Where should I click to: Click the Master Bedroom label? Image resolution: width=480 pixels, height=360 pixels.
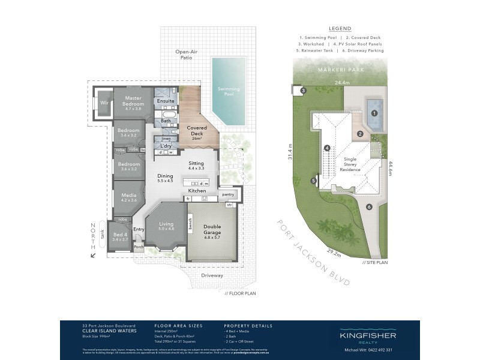pyautogui.click(x=133, y=103)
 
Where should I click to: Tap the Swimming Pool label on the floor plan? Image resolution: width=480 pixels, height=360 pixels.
pyautogui.click(x=228, y=91)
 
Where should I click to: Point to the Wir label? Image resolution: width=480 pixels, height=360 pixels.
pyautogui.click(x=104, y=103)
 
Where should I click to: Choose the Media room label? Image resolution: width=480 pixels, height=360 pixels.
pyautogui.click(x=128, y=197)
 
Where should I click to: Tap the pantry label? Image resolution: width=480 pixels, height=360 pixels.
pyautogui.click(x=227, y=194)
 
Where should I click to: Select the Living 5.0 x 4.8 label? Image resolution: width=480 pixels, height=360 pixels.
pyautogui.click(x=166, y=226)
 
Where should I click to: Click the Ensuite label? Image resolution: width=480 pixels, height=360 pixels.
pyautogui.click(x=166, y=101)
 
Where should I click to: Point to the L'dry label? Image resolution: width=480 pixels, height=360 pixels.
pyautogui.click(x=166, y=146)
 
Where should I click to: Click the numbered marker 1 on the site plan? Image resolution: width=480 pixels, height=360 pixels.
pyautogui.click(x=374, y=113)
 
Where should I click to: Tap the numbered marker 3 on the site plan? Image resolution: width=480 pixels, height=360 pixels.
pyautogui.click(x=303, y=91)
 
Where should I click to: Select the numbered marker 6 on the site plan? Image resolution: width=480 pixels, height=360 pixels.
pyautogui.click(x=370, y=207)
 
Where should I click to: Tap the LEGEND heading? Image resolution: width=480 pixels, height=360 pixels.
pyautogui.click(x=340, y=28)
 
